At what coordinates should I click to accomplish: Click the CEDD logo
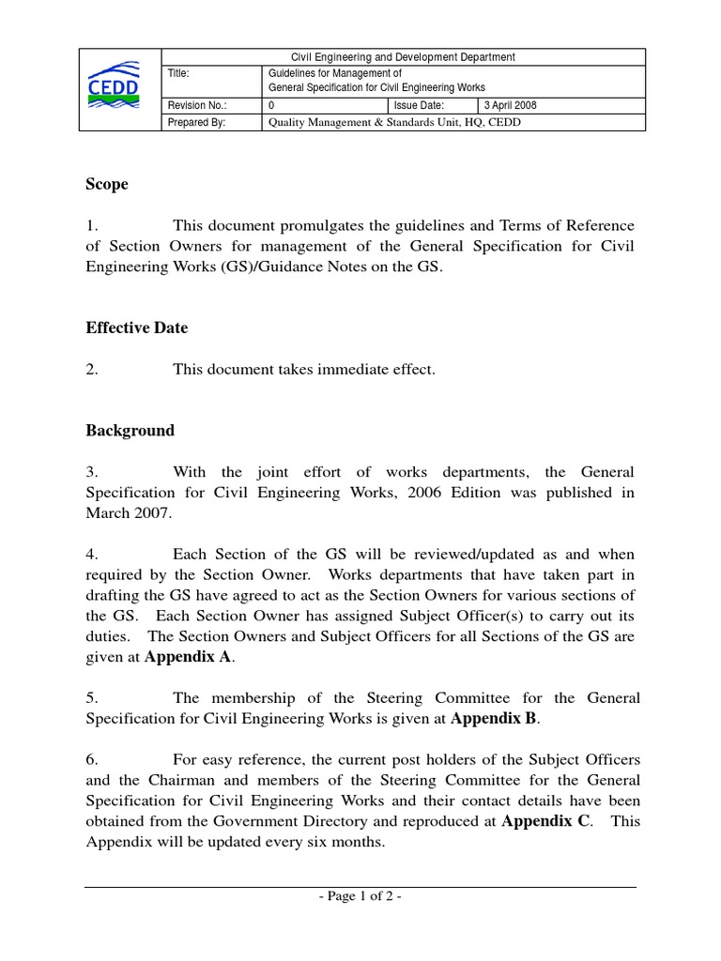(114, 85)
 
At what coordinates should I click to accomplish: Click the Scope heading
(107, 185)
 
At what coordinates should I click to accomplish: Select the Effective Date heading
(137, 328)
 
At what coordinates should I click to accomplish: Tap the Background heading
(130, 431)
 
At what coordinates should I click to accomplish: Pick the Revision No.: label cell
(196, 106)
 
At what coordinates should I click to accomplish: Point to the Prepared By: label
(196, 122)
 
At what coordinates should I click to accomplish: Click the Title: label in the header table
(178, 72)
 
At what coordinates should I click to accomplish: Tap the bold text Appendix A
(188, 658)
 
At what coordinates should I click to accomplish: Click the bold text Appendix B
(495, 719)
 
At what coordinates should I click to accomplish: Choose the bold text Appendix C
(546, 821)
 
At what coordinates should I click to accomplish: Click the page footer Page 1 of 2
(360, 897)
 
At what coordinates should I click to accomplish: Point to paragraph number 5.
(92, 698)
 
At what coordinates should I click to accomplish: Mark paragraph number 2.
(92, 370)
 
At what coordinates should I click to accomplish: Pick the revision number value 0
(272, 106)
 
